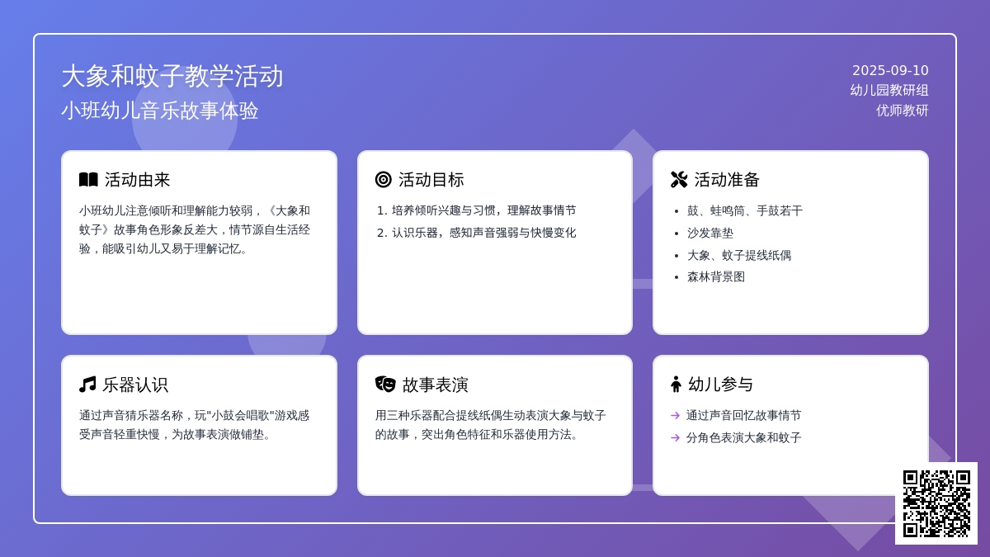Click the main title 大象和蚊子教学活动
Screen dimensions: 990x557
[x=172, y=76]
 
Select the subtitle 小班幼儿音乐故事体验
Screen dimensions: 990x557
[x=159, y=111]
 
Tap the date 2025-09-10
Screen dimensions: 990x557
[x=890, y=71]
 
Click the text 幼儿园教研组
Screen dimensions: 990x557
[x=889, y=90]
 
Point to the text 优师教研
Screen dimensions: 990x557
[x=902, y=110]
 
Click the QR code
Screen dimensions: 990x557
[x=936, y=503]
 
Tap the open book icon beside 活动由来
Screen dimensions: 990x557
[x=88, y=180]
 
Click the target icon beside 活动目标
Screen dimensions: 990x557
[x=383, y=180]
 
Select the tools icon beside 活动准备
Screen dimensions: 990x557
[x=679, y=180]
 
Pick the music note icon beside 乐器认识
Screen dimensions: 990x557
[x=87, y=385]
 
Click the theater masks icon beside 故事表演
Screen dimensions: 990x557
[x=385, y=385]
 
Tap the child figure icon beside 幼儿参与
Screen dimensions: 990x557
[x=676, y=385]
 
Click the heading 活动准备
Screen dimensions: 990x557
[x=727, y=180]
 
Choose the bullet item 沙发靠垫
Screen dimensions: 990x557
[x=710, y=233]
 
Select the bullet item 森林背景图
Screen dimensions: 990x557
[x=716, y=277]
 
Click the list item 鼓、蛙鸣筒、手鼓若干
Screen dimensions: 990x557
[x=745, y=211]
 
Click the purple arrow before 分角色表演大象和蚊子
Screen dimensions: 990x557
[x=675, y=437]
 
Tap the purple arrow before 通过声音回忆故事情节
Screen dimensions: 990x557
[x=675, y=416]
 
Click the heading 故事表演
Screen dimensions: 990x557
[x=435, y=385]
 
